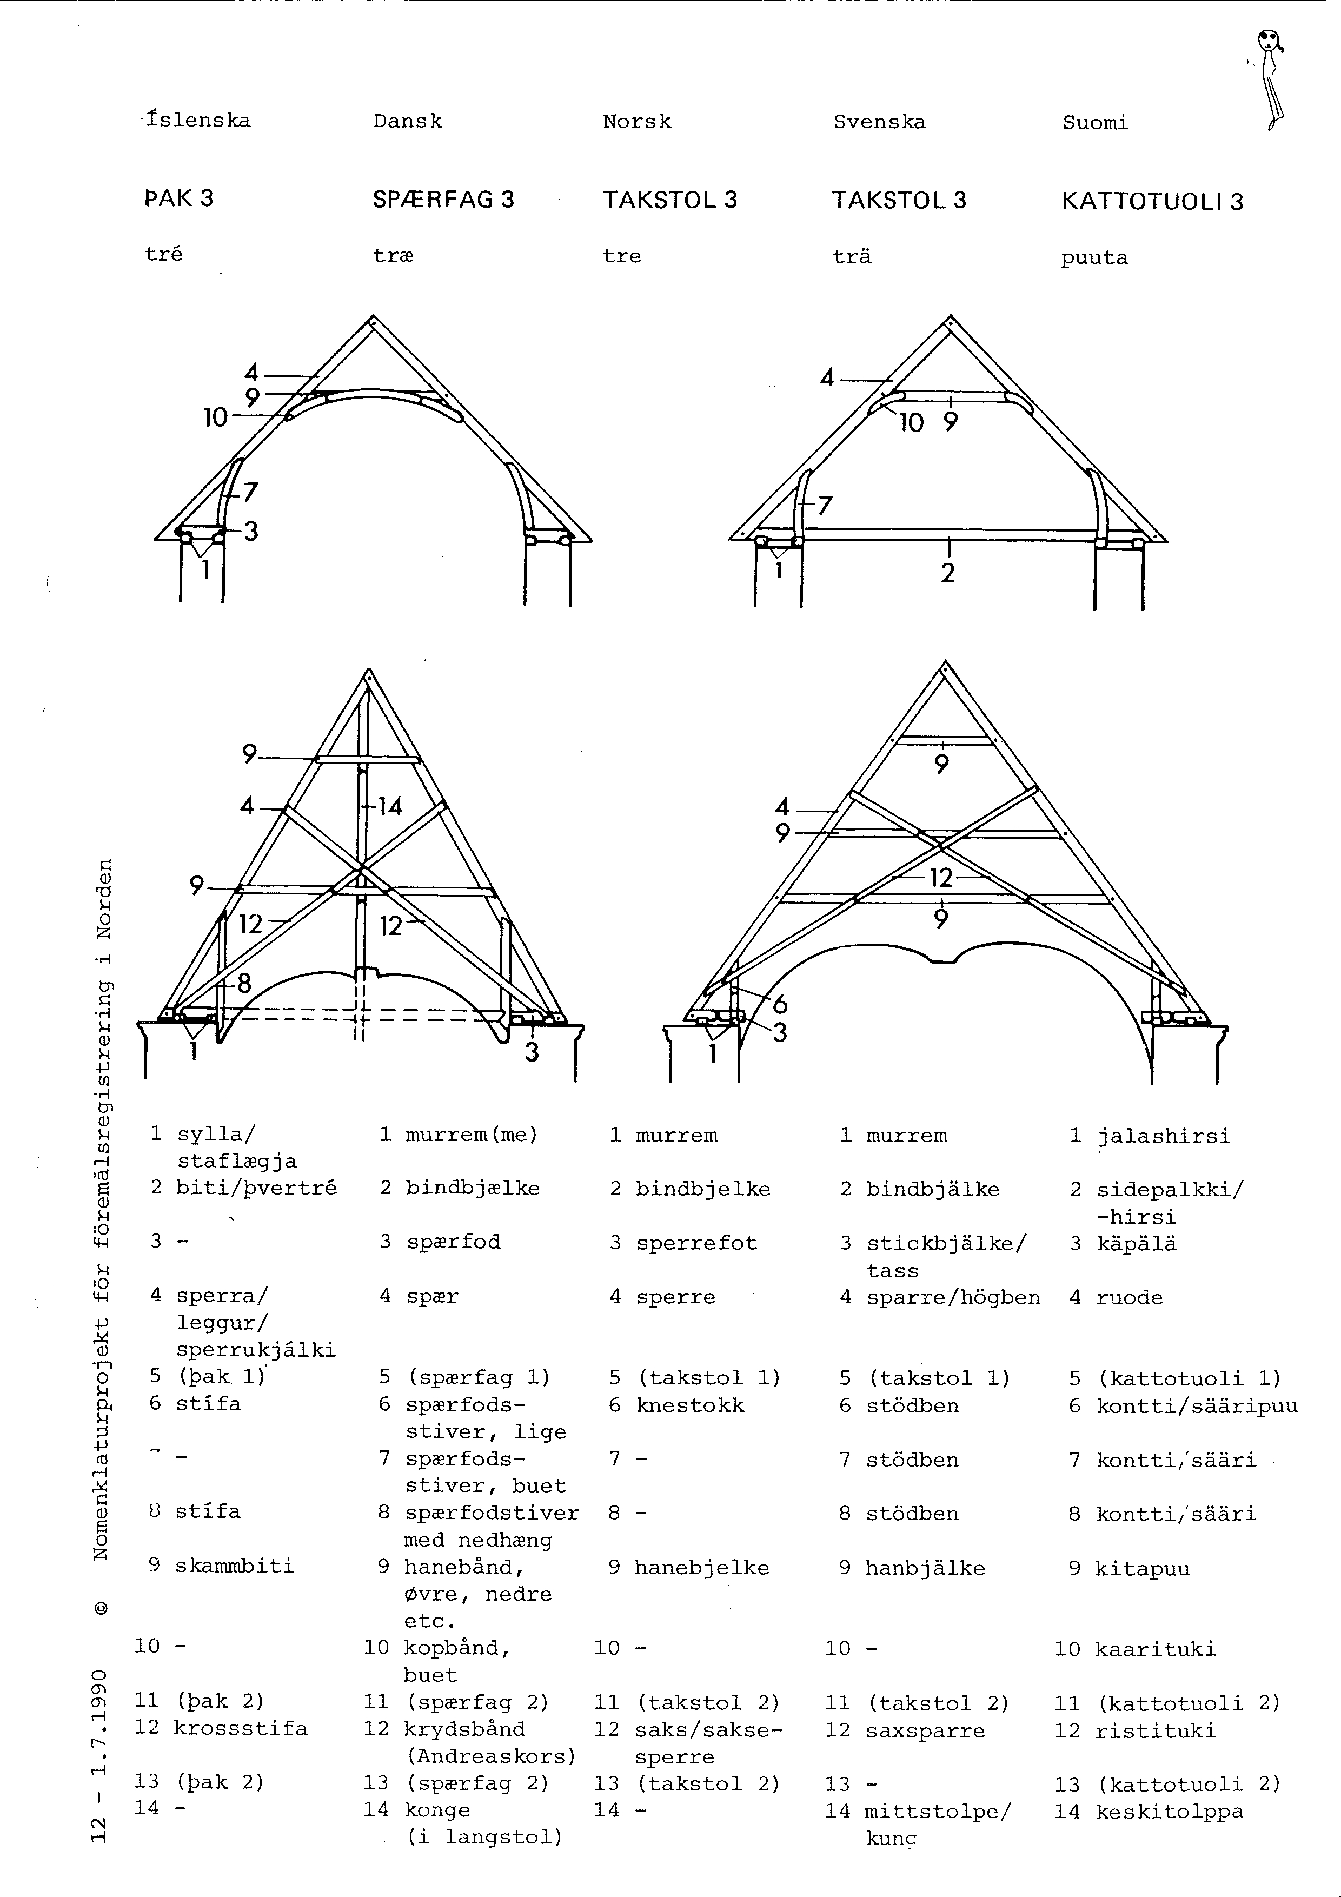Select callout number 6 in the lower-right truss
[x=779, y=1005]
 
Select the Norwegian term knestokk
[x=690, y=1405]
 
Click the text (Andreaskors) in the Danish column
[x=489, y=1756]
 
